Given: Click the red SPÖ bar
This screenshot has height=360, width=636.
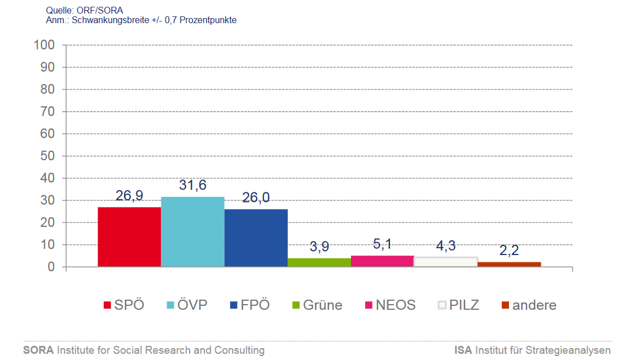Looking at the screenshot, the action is point(129,237).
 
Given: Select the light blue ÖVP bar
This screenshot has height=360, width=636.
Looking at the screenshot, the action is point(192,232).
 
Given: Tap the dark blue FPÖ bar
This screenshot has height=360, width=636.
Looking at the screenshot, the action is point(256,238).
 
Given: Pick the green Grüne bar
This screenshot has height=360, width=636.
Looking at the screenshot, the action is point(319,262).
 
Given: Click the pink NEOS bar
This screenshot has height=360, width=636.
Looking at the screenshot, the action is point(383,261).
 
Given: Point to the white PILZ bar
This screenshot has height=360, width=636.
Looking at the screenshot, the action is point(446,262).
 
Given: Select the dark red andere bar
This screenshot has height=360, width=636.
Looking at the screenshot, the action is point(509,264).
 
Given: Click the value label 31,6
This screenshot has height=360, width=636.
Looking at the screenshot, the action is point(192,185).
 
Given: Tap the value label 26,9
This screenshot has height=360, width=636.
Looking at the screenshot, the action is point(129,196).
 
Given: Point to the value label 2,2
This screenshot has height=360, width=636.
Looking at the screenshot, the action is point(509,250).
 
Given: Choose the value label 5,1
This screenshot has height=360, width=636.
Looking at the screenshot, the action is point(383,244).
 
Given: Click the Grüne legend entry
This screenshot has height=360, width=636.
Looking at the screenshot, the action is point(317,305).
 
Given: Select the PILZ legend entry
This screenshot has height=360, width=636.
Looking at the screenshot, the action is point(459,305).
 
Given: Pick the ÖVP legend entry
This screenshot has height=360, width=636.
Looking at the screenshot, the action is point(187,305).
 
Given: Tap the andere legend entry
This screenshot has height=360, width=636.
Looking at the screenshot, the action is point(529,305).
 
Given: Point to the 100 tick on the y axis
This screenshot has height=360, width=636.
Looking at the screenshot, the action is point(44,45).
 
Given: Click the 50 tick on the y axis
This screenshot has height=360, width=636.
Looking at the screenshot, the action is point(47,156).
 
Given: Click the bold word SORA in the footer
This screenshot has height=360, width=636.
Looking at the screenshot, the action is point(38,350).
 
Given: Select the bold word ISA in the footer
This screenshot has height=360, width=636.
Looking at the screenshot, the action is point(463,350).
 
